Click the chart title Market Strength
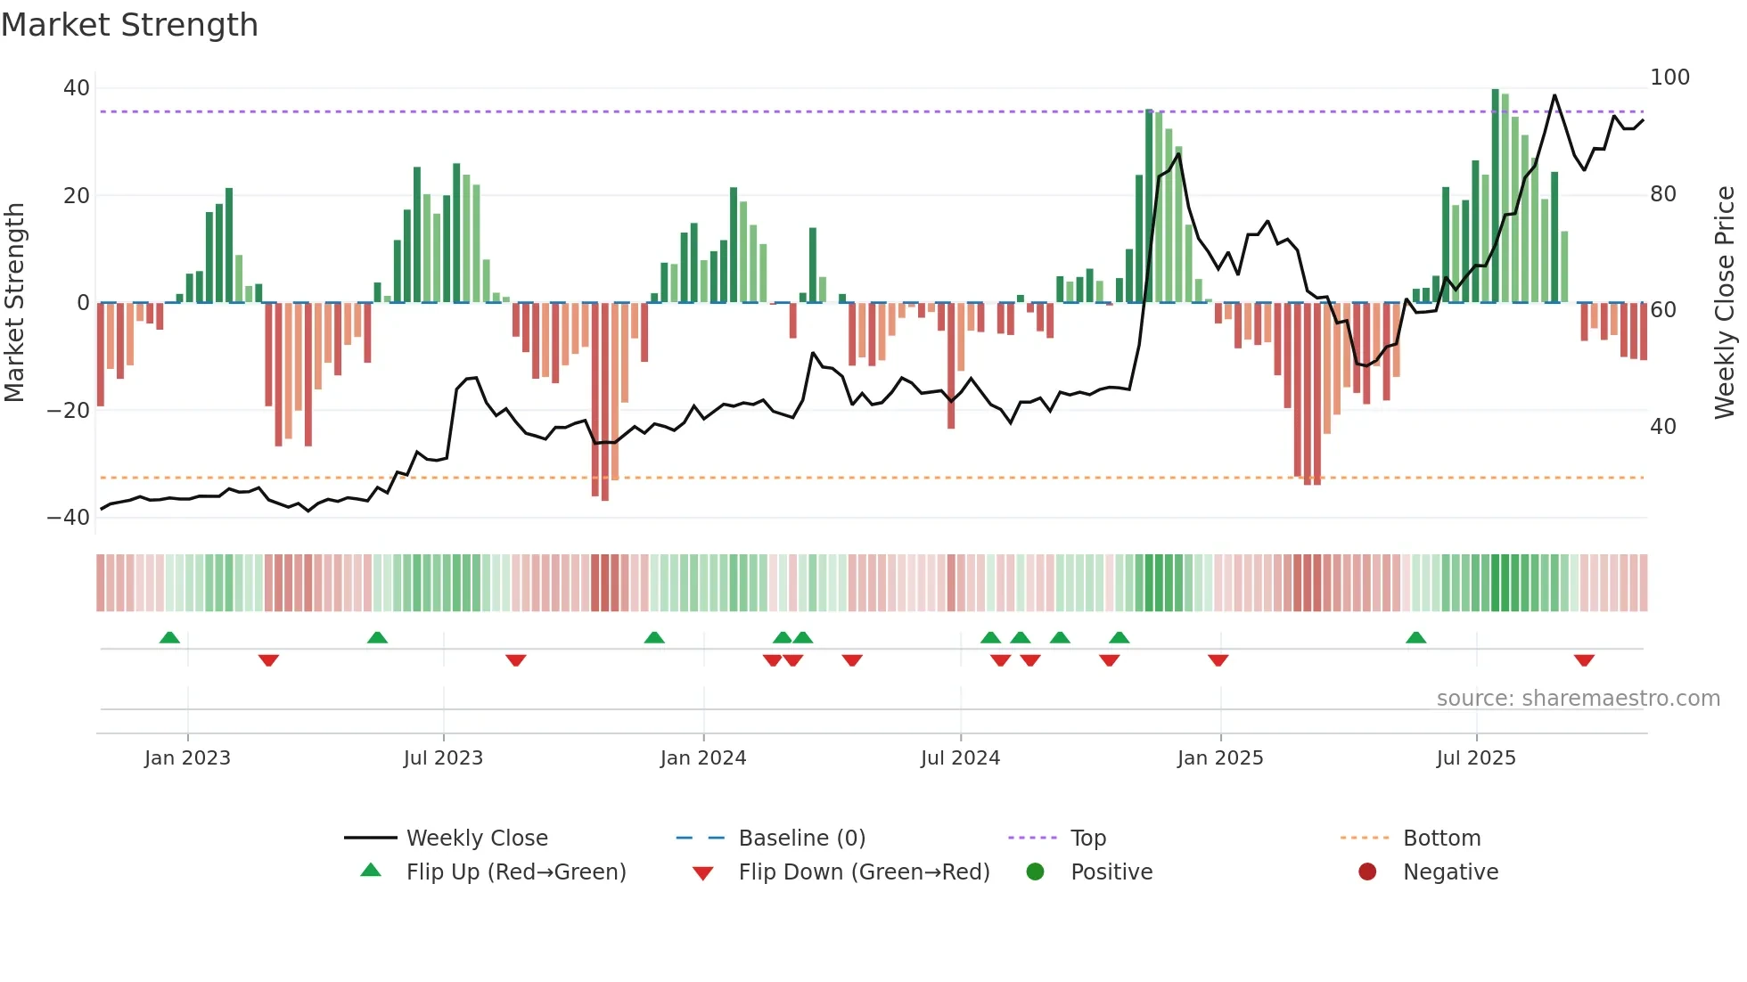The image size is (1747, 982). point(129,25)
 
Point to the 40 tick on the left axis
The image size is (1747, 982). point(76,88)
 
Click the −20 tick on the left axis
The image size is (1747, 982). point(68,411)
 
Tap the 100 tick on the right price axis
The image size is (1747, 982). point(1669,78)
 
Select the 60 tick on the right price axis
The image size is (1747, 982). point(1662,310)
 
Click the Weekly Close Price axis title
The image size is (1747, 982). point(1725,303)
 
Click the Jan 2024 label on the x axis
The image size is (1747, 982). point(702,758)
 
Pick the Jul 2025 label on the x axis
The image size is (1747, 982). point(1475,758)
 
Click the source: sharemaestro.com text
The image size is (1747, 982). point(1578,699)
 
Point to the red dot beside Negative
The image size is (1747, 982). point(1366,872)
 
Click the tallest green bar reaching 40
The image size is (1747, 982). point(1495,196)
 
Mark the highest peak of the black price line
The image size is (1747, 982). point(1554,95)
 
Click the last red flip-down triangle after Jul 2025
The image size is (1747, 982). point(1584,660)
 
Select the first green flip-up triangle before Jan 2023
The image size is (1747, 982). point(169,637)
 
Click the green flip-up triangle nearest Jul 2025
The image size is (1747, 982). point(1415,637)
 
